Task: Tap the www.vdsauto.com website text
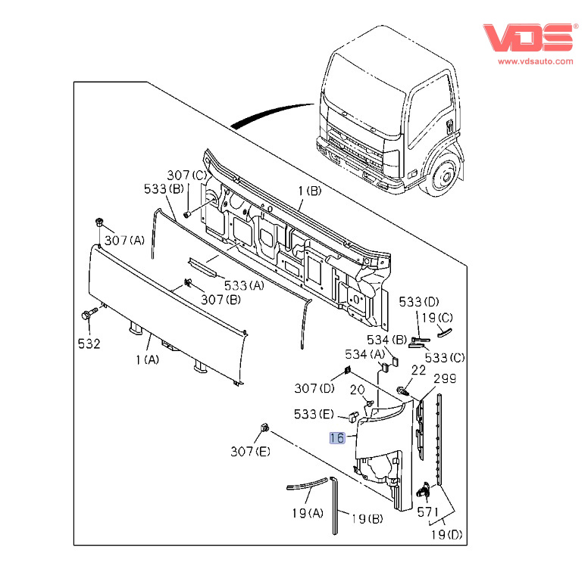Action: (536, 61)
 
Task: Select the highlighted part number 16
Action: (336, 437)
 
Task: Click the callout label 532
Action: (89, 344)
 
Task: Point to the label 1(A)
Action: (147, 360)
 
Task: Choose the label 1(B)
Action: (308, 191)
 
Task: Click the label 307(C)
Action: (186, 176)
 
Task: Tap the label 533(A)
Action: (244, 285)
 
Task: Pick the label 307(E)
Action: (251, 452)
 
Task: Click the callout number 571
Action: (428, 512)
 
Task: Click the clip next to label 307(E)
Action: (265, 428)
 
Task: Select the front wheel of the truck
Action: (443, 178)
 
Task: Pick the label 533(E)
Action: (314, 414)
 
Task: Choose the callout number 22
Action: (418, 370)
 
